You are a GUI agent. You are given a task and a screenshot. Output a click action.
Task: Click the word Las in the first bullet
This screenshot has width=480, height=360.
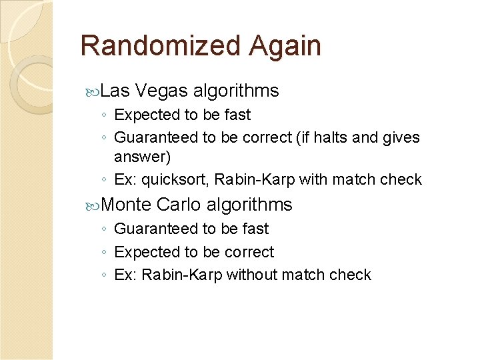tap(119, 91)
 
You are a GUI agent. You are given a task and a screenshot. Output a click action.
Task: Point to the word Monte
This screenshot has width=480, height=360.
tap(128, 205)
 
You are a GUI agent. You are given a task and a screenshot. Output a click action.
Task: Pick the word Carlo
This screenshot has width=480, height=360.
tap(179, 205)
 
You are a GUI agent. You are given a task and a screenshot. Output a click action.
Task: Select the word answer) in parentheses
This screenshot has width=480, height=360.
tap(143, 157)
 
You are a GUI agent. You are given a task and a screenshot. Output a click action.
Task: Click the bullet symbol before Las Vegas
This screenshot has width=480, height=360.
tap(97, 91)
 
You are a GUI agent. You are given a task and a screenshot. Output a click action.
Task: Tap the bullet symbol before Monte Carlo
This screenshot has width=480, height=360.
tap(97, 205)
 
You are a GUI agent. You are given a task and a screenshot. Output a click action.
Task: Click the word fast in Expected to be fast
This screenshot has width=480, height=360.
tap(237, 115)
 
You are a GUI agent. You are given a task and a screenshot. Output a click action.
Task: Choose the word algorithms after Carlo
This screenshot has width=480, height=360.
tap(249, 205)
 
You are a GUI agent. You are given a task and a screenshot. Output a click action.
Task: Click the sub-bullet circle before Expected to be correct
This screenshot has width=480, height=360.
tap(105, 253)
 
